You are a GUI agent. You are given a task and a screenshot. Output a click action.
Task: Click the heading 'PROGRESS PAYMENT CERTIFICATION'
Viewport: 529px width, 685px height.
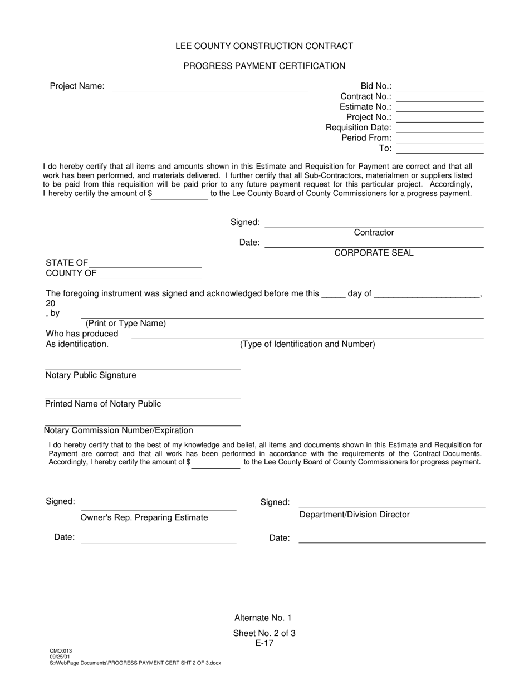[264, 66]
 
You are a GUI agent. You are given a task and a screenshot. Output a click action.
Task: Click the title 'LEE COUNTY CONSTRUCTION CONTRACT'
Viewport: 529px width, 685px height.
[264, 46]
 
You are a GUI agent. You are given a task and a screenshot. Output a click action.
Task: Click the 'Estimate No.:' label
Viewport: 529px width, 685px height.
[365, 107]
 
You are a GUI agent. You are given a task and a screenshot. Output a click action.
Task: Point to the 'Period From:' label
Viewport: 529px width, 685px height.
[366, 138]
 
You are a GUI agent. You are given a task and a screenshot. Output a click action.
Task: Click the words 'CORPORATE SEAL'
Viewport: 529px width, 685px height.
[374, 253]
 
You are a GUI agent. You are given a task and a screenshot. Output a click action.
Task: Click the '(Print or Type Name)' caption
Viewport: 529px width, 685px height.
[125, 324]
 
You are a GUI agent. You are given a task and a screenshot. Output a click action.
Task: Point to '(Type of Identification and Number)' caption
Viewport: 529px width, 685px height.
[307, 344]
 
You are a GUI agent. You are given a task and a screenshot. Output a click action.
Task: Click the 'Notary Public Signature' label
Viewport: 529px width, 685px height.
[91, 375]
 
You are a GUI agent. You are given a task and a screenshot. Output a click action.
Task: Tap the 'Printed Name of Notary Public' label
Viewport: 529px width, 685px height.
[103, 404]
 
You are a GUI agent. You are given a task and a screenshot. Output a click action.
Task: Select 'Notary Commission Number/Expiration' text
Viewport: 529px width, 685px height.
[119, 430]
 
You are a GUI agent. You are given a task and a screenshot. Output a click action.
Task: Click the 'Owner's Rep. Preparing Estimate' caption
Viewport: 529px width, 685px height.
[144, 517]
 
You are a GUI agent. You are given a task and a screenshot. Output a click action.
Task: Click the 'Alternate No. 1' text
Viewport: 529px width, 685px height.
[263, 618]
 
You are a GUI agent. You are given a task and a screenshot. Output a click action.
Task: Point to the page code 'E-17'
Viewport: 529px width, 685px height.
[264, 643]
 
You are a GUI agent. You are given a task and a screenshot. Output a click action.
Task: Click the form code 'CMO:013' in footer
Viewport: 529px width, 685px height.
[61, 650]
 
